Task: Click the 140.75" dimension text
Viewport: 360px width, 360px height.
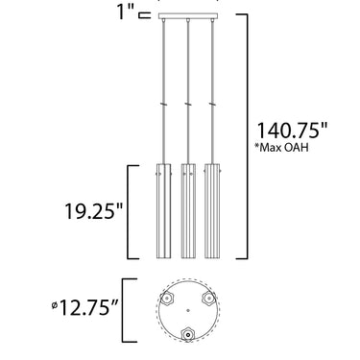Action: [293, 131]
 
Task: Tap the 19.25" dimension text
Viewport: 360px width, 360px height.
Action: [94, 211]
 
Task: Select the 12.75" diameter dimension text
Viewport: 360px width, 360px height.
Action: [88, 307]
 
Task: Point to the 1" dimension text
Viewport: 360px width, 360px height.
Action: [126, 12]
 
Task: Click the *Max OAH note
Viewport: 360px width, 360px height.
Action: [281, 147]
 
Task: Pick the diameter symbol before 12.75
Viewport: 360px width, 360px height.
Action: [55, 305]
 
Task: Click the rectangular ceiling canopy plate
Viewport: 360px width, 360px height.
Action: [188, 16]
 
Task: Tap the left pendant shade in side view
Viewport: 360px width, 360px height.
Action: [163, 211]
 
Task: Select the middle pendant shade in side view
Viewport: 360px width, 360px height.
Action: [188, 211]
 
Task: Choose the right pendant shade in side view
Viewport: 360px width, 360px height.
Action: [212, 211]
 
